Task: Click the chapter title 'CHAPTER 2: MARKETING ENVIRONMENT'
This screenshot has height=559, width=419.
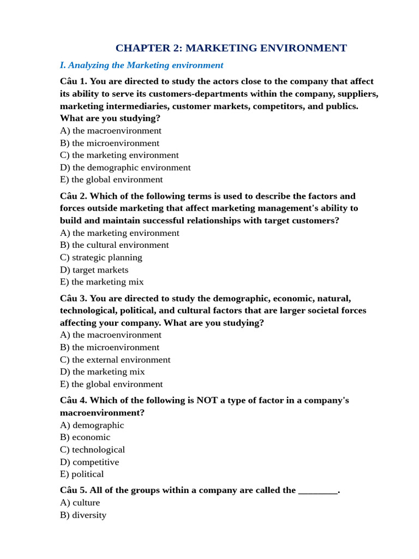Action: click(231, 48)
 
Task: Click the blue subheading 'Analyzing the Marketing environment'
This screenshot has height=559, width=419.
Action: click(141, 66)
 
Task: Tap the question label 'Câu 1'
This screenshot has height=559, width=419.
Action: click(73, 81)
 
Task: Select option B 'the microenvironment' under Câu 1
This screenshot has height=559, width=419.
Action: click(110, 143)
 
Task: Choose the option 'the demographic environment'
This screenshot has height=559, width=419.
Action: click(125, 168)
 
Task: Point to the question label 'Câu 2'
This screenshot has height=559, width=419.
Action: click(73, 196)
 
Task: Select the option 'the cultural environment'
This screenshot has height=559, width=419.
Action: click(115, 245)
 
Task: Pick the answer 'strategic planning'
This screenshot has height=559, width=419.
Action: click(101, 257)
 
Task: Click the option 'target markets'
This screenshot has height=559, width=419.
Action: click(94, 270)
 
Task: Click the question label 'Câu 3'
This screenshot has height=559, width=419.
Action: click(73, 298)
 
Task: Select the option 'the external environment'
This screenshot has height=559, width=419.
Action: click(115, 360)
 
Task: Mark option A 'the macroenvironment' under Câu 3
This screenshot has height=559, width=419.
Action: click(111, 335)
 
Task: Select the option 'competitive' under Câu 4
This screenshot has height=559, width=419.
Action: click(89, 462)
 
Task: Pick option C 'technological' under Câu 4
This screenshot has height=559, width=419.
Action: click(93, 450)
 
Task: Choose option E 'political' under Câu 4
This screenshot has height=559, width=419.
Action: click(82, 474)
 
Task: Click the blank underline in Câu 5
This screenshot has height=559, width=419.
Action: click(318, 490)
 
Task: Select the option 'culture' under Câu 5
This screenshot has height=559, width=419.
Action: click(80, 502)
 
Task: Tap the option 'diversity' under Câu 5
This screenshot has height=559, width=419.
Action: click(83, 515)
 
